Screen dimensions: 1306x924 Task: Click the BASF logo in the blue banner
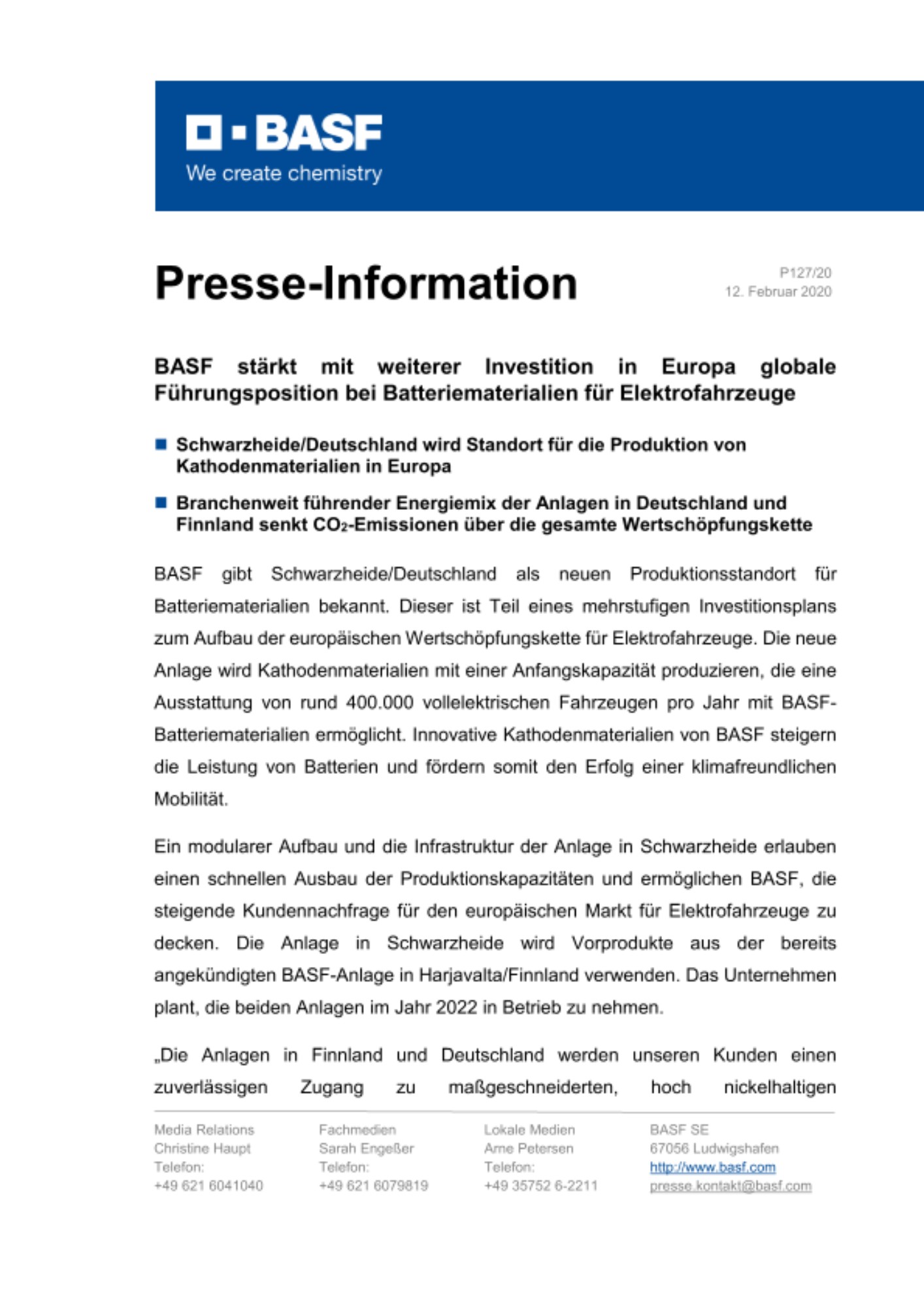coord(284,133)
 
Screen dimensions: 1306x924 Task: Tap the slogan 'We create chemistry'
coord(284,174)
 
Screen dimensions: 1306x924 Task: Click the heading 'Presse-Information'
coord(366,283)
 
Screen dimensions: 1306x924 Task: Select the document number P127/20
coord(805,273)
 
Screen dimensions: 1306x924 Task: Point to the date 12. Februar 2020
coord(778,292)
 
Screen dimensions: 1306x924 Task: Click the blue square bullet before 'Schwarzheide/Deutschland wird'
coord(161,445)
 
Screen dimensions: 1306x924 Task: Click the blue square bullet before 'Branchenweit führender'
coord(161,503)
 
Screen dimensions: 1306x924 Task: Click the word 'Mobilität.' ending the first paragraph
coord(191,799)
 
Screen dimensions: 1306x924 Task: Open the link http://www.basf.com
coord(712,1168)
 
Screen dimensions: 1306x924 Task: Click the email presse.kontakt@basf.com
coord(730,1186)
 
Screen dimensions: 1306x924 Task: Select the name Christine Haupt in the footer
coord(203,1149)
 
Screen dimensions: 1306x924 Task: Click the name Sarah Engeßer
coord(366,1149)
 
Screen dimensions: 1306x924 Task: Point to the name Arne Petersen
coord(528,1149)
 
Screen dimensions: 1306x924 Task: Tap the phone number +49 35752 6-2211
coord(540,1186)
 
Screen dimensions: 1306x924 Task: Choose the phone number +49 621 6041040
coord(208,1186)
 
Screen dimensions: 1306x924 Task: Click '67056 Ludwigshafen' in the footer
coord(714,1149)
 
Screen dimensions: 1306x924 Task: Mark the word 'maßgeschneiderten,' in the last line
coord(533,1087)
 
